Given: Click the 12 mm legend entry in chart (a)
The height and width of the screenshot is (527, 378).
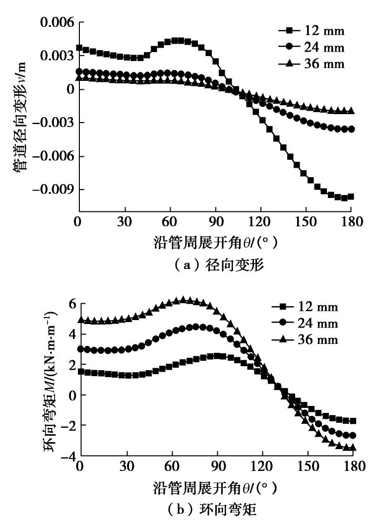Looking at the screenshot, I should click(x=311, y=31).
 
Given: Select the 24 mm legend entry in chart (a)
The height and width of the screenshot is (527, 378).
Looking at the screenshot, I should click(x=311, y=48).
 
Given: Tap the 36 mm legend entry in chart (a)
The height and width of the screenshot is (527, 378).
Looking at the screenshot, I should click(x=311, y=64).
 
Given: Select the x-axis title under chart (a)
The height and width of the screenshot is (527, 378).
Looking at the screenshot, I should click(x=215, y=244).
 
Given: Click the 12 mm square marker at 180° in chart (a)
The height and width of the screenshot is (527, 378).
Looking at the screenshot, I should click(x=351, y=197).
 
